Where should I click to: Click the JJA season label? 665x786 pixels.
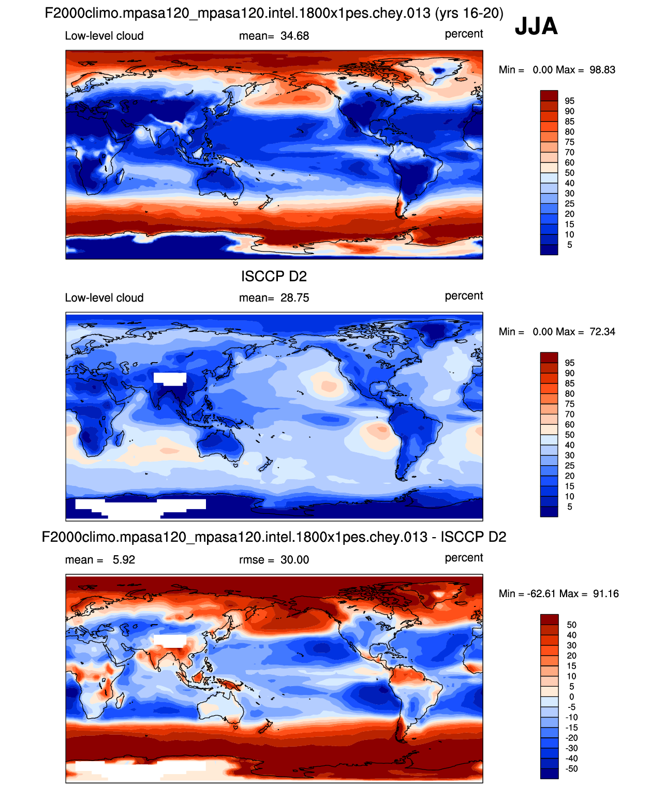click(536, 26)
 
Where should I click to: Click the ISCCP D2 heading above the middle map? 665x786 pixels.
click(274, 276)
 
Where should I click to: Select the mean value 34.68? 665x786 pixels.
click(294, 36)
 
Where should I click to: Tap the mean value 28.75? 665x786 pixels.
click(294, 298)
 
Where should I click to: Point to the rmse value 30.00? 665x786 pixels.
click(294, 560)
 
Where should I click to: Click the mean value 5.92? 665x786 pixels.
click(124, 560)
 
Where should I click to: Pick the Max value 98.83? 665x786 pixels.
click(602, 70)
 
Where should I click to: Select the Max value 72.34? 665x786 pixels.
click(602, 332)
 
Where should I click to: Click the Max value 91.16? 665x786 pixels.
click(605, 594)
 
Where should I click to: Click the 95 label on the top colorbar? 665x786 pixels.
click(569, 101)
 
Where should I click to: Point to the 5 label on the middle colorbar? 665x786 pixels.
click(569, 507)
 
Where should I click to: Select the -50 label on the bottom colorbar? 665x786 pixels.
click(571, 769)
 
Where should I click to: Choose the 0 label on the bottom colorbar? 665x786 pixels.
click(571, 697)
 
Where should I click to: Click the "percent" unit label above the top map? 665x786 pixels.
click(464, 34)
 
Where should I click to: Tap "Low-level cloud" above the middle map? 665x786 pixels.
click(104, 298)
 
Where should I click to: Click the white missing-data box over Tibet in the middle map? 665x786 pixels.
click(170, 378)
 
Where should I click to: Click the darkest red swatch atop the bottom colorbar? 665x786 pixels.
click(549, 619)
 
